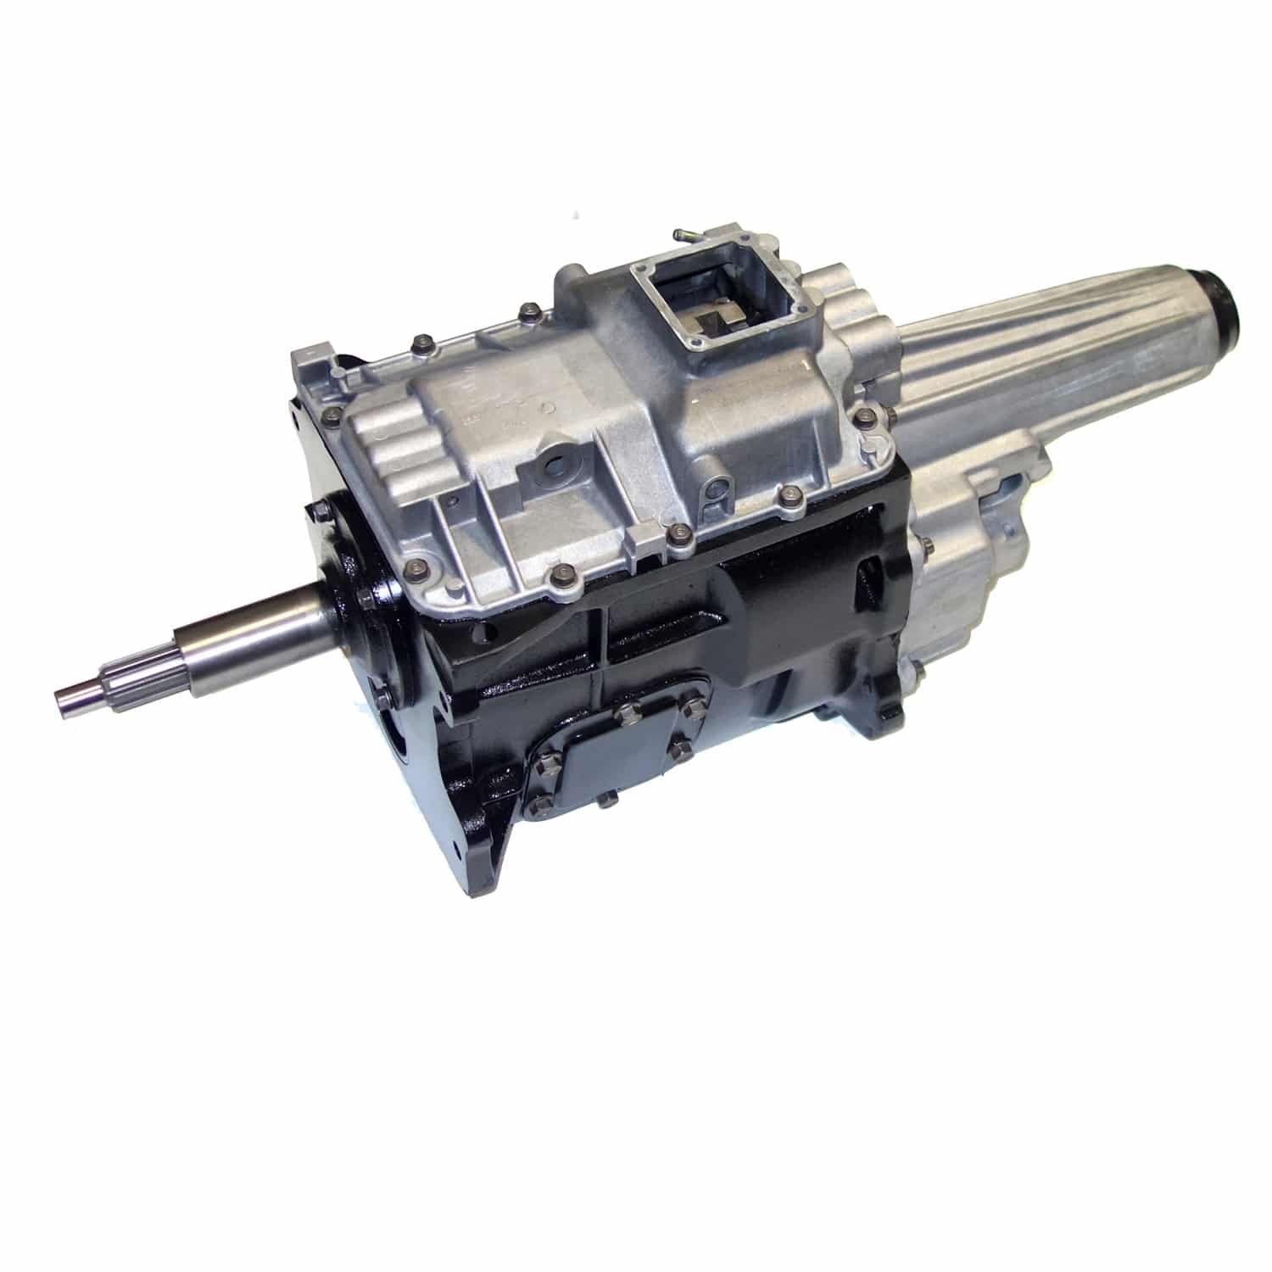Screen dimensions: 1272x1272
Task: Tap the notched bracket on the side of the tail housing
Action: pyautogui.click(x=1009, y=492)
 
